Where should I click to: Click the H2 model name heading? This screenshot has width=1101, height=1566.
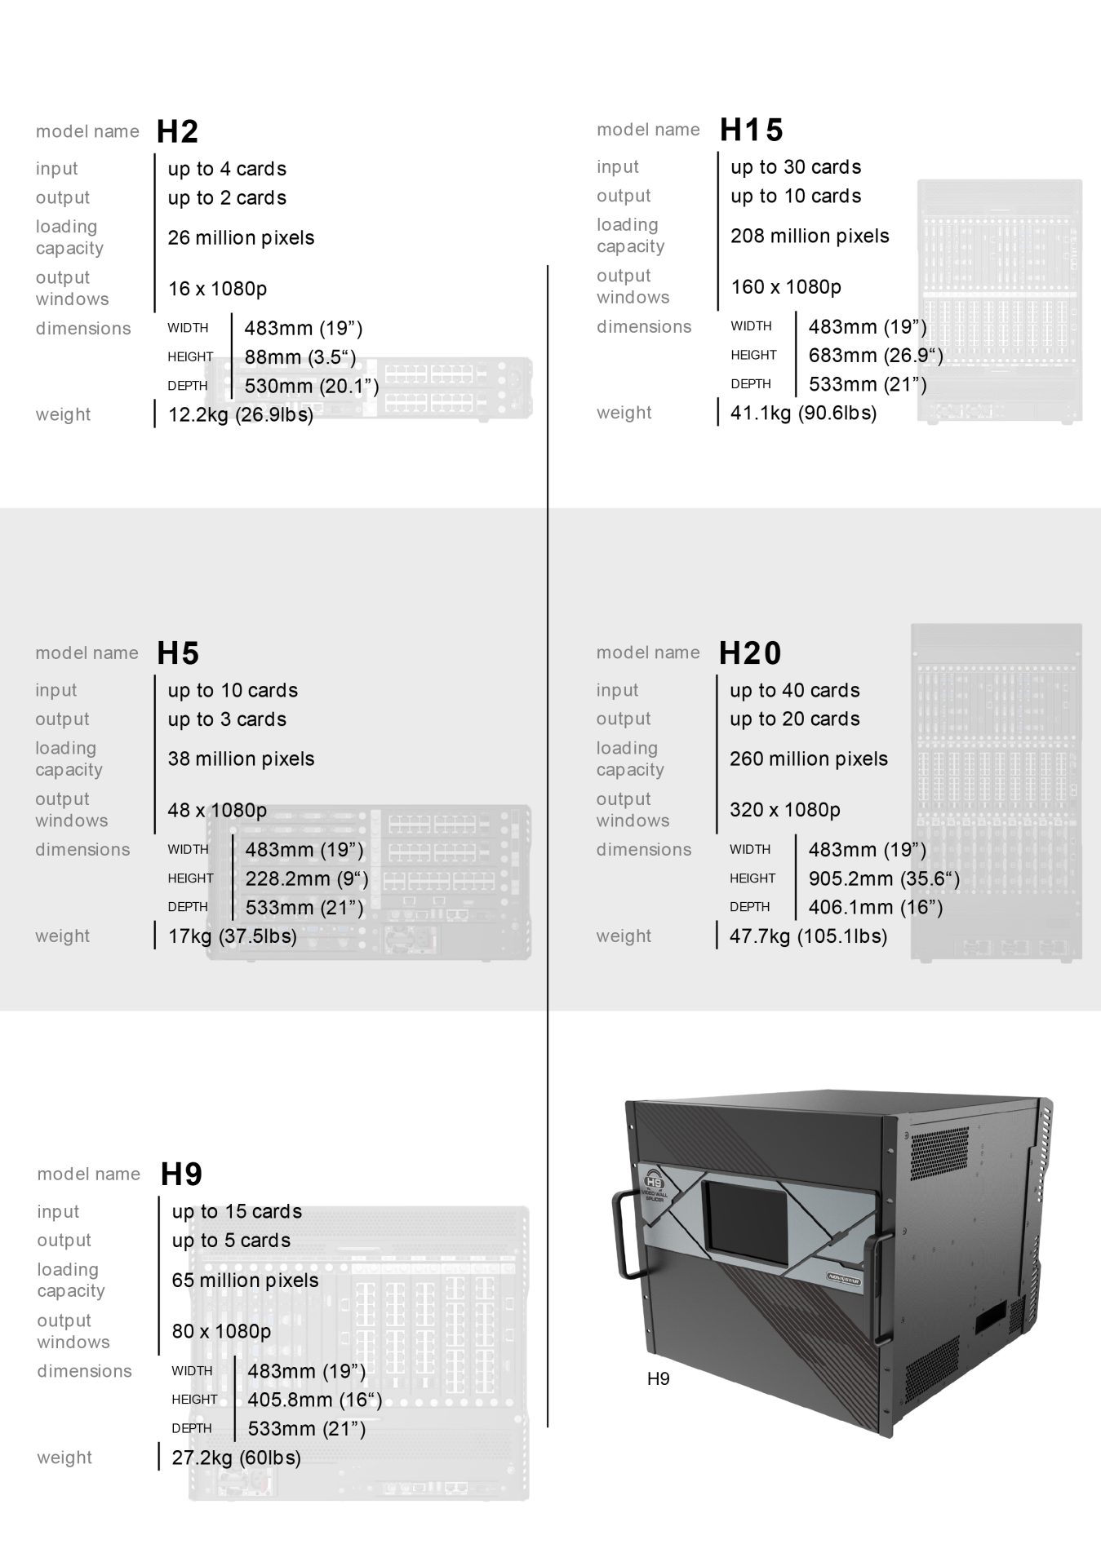tap(177, 131)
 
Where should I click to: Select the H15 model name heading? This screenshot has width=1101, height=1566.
tap(751, 130)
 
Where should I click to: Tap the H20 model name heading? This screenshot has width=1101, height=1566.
tap(750, 652)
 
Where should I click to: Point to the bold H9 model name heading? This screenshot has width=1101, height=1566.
tap(181, 1174)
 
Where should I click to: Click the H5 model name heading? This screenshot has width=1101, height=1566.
tap(178, 652)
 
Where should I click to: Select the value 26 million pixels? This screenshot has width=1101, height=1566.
tap(241, 237)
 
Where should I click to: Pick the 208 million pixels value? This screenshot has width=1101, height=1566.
tap(810, 236)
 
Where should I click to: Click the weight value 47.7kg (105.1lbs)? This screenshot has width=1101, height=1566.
tap(808, 936)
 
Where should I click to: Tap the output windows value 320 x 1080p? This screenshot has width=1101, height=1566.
tap(784, 809)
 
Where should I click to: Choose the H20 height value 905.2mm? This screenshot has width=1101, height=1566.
tap(884, 878)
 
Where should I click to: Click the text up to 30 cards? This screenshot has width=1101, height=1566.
tap(796, 167)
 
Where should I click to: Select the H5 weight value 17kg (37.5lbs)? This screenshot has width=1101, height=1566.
tap(233, 936)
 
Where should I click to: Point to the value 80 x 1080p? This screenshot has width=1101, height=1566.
tap(221, 1331)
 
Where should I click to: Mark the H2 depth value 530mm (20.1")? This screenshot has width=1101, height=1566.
tap(312, 386)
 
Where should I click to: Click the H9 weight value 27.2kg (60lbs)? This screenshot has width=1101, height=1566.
tap(236, 1458)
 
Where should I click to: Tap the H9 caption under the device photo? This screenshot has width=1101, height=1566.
tap(658, 1378)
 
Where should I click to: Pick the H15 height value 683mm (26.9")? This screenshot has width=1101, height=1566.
tap(876, 356)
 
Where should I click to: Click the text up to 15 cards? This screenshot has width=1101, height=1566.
tap(237, 1211)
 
